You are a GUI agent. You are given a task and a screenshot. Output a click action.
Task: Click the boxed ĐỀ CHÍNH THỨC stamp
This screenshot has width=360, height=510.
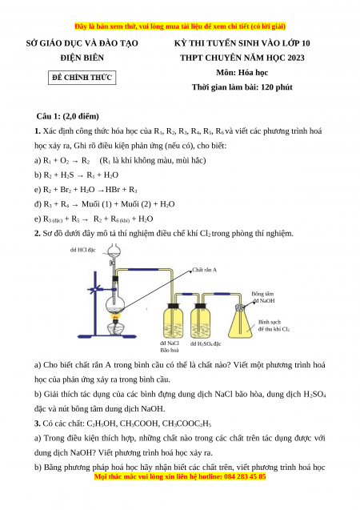pos(82,78)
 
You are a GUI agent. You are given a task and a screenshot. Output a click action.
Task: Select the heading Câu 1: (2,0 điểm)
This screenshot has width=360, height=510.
pos(67,116)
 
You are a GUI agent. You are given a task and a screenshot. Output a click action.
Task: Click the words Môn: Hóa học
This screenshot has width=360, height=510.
pos(242,72)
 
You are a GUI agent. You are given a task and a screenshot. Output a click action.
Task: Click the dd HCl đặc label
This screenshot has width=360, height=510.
pos(83,250)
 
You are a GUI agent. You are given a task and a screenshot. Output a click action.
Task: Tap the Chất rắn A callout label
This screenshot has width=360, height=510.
pos(204,270)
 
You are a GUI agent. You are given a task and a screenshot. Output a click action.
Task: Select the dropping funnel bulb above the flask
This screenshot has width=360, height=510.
pos(114,251)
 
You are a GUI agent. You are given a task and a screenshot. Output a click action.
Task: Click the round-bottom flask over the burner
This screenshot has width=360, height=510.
pos(115,305)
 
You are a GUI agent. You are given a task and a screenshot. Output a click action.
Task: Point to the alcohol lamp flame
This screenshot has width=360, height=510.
pos(115,315)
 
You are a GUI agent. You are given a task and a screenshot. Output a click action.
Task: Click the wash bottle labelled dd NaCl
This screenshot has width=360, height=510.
pos(173,321)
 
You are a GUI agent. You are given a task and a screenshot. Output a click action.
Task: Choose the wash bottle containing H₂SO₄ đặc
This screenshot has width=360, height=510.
pos(200,321)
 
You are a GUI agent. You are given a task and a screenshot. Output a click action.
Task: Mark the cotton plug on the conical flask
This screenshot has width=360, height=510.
pos(241,307)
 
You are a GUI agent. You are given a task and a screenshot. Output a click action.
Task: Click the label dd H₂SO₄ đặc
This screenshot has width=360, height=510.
pos(206,343)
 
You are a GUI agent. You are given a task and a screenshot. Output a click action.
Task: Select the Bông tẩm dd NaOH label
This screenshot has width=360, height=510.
pos(263,297)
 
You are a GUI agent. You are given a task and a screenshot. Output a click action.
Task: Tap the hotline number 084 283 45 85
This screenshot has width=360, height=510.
pos(245,476)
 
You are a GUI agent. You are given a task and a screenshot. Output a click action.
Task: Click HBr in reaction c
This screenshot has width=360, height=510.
pos(113,189)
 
